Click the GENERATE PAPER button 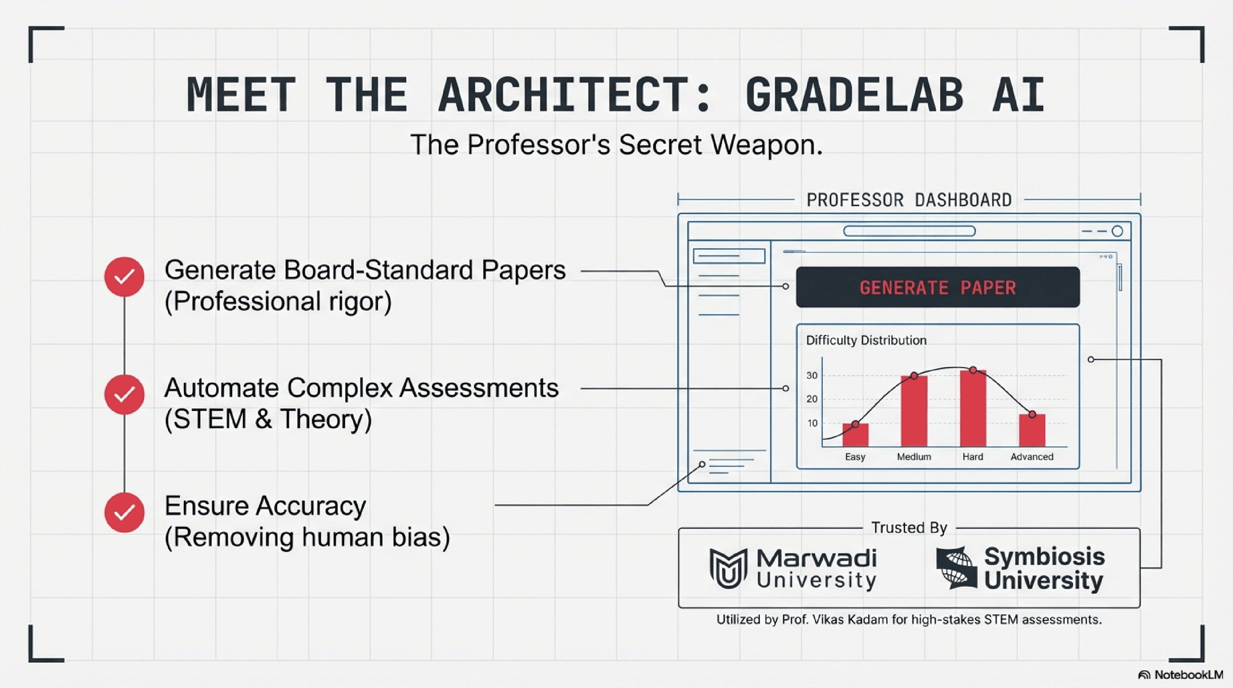pyautogui.click(x=938, y=287)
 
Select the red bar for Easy pyautogui.click(x=855, y=435)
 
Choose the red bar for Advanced pyautogui.click(x=1032, y=430)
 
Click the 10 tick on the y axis pyautogui.click(x=812, y=423)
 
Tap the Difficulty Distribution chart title pyautogui.click(x=866, y=340)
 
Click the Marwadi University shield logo pyautogui.click(x=728, y=568)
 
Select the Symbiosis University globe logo pyautogui.click(x=956, y=568)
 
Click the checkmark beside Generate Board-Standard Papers pyautogui.click(x=124, y=277)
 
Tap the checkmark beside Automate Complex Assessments pyautogui.click(x=124, y=394)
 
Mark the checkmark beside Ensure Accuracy pyautogui.click(x=124, y=512)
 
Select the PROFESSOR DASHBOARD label pyautogui.click(x=909, y=200)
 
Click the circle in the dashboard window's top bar pyautogui.click(x=1118, y=231)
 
